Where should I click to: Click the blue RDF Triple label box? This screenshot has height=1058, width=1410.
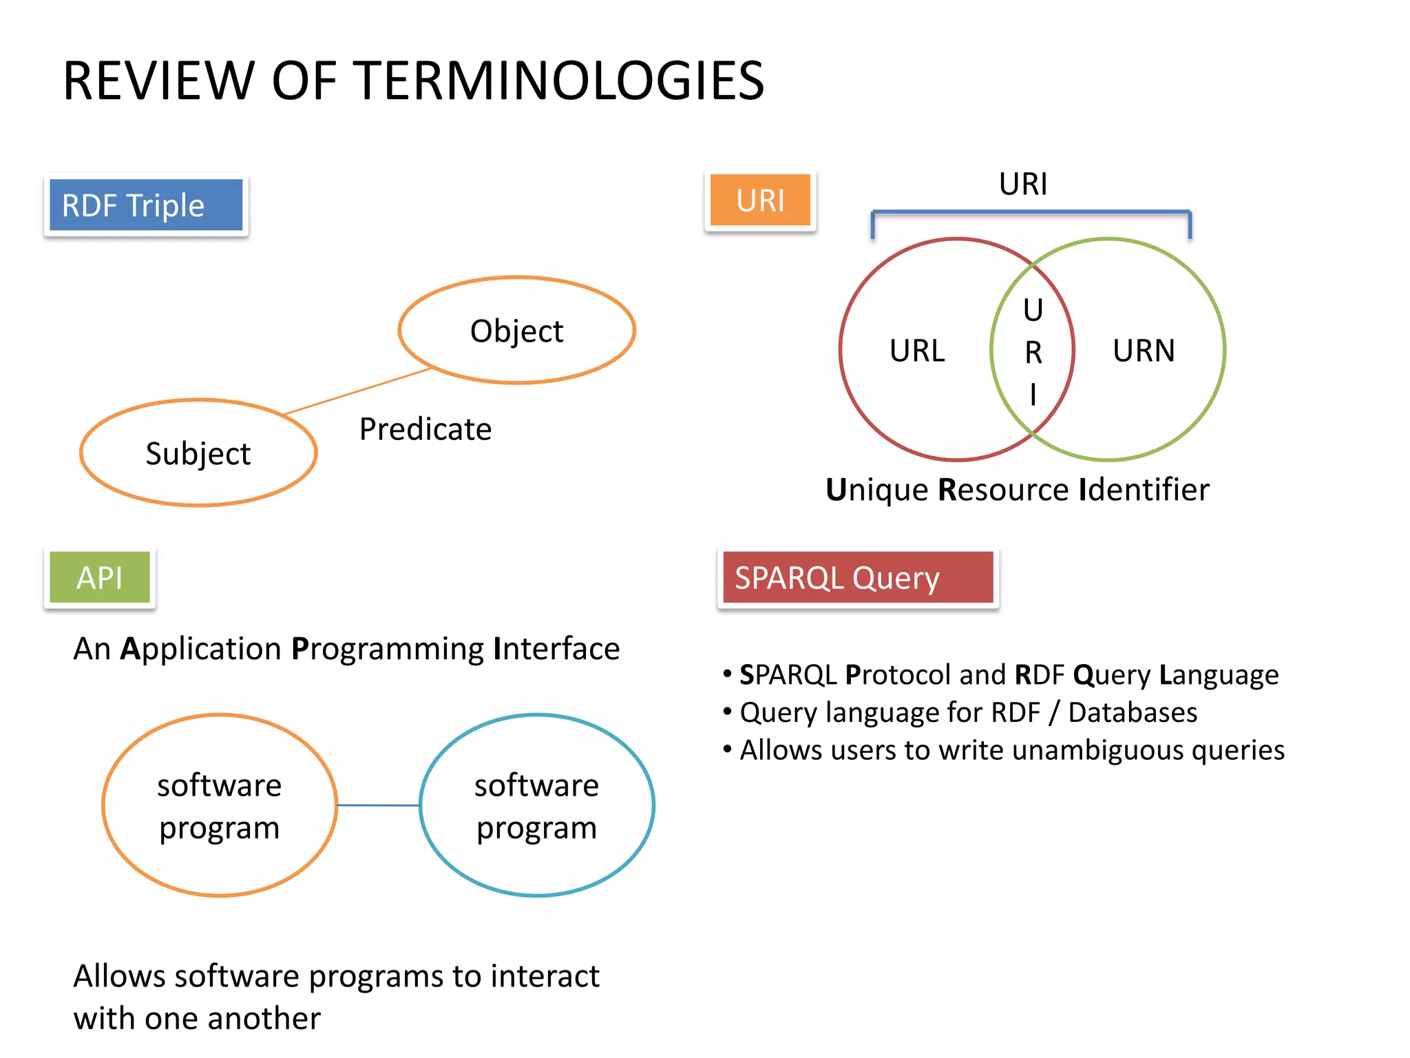145,205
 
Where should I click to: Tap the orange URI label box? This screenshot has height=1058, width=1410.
760,200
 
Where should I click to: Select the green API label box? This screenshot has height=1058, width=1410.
100,577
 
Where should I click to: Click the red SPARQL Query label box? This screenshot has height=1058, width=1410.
857,577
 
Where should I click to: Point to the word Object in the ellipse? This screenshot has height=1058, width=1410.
516,331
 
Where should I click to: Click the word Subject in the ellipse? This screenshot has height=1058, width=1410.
198,454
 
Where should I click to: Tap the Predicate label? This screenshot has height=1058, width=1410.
425,429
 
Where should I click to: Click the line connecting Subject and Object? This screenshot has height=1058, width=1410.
358,391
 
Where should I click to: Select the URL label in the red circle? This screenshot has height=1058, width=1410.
917,351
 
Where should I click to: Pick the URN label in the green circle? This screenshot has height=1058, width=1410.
1144,351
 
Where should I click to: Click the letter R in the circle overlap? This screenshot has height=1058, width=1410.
1033,353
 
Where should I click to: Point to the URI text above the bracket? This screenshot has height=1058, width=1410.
1023,185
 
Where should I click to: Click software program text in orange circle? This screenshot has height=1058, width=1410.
220,806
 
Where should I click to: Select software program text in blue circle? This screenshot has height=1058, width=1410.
536,806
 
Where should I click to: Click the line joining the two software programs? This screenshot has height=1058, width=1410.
378,805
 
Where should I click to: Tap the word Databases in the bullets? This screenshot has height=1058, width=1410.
1133,712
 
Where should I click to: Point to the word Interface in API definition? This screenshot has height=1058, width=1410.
556,649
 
